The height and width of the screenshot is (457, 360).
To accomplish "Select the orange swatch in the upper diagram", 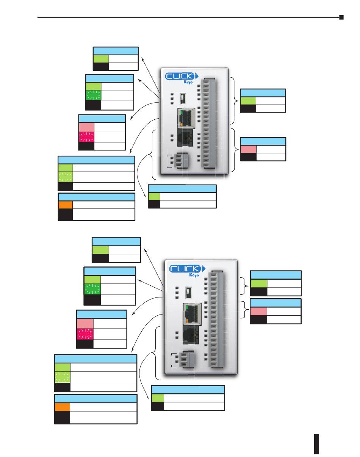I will tap(65, 204).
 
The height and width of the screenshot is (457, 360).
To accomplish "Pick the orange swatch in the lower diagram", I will tap(62, 407).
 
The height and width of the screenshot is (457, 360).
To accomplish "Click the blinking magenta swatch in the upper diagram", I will tap(86, 137).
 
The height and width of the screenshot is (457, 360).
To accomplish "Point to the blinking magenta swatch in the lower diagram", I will tap(85, 334).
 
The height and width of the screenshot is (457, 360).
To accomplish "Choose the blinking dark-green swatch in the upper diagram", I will tap(93, 95).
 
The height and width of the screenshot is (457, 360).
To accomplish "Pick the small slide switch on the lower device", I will tap(188, 292).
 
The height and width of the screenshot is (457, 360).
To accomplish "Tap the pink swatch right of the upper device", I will tap(248, 149).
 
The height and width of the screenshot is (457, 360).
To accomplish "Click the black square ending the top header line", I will tap(341, 17).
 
